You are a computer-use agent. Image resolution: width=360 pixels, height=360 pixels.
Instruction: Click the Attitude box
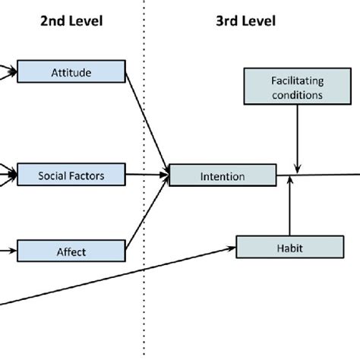71,72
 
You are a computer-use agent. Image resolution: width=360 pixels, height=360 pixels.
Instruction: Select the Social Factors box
71,175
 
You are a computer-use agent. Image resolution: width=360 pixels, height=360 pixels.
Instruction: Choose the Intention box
222,176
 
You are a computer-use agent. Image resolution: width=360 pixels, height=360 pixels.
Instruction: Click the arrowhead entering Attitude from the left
11,73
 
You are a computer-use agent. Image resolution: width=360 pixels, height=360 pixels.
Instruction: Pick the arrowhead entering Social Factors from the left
11,175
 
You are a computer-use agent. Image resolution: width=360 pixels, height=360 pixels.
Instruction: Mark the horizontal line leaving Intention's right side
319,175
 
